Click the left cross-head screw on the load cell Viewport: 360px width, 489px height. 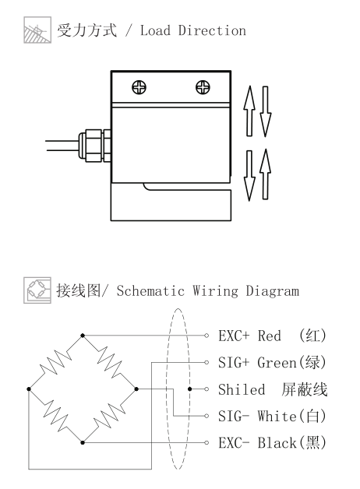click(x=139, y=87)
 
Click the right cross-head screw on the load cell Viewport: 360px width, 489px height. click(x=203, y=87)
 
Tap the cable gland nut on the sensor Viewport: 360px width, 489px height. click(x=94, y=146)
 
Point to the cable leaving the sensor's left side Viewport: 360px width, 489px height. click(x=62, y=146)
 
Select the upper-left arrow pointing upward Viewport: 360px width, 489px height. click(x=249, y=111)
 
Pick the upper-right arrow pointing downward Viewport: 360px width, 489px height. click(x=266, y=111)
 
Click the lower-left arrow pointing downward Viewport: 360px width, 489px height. click(x=249, y=176)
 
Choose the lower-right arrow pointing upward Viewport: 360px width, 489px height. click(x=266, y=174)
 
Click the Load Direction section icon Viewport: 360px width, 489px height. click(x=37, y=30)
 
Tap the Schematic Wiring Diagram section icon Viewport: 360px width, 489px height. click(x=37, y=290)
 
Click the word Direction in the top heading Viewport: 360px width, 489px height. click(x=212, y=30)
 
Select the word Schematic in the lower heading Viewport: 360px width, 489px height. click(x=150, y=291)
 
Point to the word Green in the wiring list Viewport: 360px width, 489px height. click(x=277, y=363)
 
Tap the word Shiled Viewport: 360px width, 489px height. click(x=242, y=389)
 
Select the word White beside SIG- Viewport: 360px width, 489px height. click(x=277, y=416)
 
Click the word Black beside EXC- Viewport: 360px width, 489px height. click(x=277, y=443)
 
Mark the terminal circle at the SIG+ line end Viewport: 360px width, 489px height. click(x=206, y=362)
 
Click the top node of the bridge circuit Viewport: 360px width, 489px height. click(x=83, y=336)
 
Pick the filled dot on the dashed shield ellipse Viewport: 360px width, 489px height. click(x=189, y=389)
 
